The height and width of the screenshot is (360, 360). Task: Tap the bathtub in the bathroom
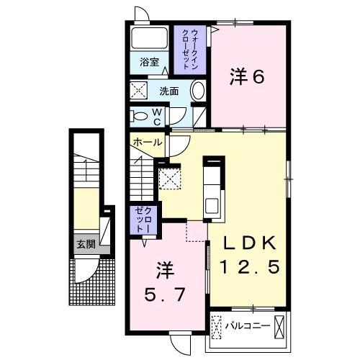point(150,39)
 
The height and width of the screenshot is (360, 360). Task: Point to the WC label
point(158,116)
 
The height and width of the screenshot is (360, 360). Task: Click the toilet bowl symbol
point(139,115)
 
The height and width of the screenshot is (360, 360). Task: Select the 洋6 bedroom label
point(245,76)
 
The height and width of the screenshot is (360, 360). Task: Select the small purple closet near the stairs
point(138,219)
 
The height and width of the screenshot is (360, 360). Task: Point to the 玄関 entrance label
point(86,244)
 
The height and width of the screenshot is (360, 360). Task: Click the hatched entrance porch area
point(94,284)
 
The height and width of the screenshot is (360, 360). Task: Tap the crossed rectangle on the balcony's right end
point(279,325)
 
